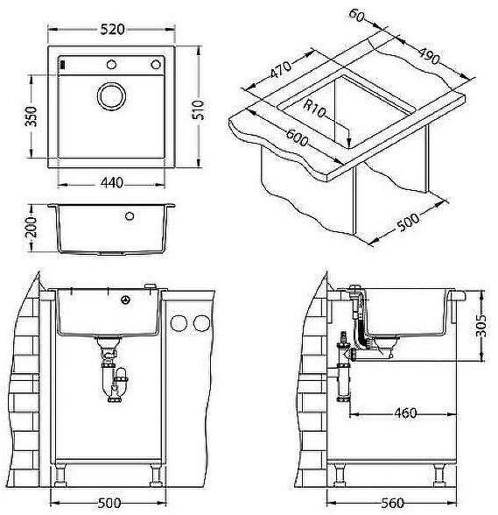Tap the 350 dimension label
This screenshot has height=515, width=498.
[x=31, y=116]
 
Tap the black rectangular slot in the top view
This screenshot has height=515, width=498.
[x=62, y=65]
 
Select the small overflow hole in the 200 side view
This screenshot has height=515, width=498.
[x=129, y=215]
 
